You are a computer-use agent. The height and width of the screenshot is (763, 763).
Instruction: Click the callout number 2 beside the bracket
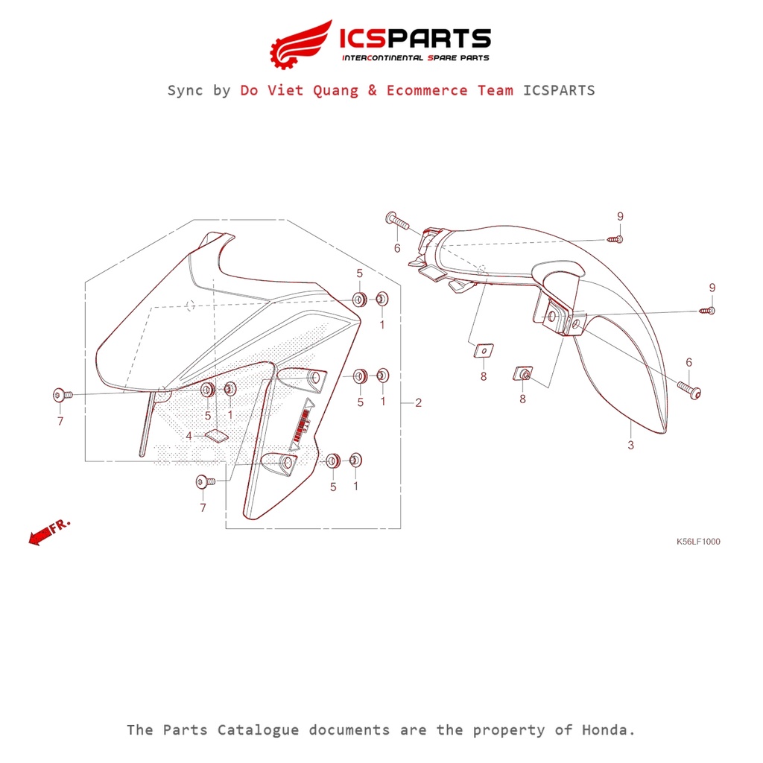click(418, 403)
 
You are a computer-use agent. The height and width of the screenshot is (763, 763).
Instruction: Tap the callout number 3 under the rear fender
click(630, 446)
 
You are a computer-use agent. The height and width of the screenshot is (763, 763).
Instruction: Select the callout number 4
click(189, 435)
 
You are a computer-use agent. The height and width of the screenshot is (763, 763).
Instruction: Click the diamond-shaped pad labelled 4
click(216, 434)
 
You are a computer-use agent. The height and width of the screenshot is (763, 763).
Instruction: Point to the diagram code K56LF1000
click(697, 542)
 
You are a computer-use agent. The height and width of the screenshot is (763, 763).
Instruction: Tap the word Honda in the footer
click(607, 729)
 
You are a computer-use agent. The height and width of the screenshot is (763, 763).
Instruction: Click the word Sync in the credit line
click(187, 90)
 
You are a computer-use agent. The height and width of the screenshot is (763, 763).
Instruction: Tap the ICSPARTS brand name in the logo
click(414, 39)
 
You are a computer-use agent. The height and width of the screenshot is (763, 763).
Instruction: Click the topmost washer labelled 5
click(359, 300)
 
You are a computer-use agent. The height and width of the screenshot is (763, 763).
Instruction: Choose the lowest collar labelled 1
click(355, 460)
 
